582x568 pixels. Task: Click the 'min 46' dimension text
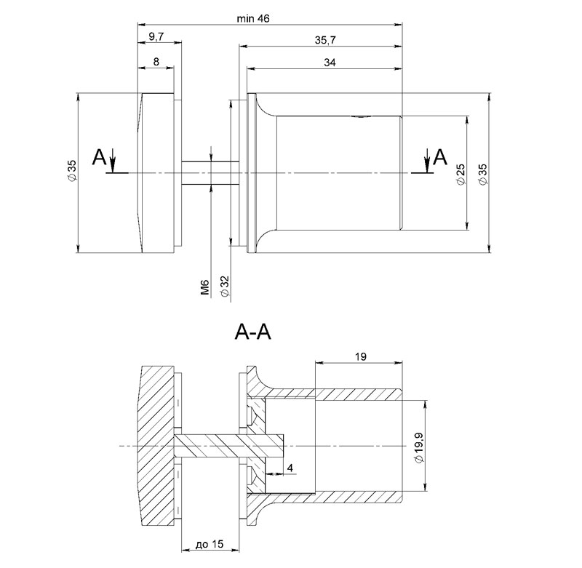point(253,18)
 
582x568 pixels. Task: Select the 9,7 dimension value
point(156,36)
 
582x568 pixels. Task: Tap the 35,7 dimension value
point(324,40)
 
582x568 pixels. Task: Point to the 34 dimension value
point(330,63)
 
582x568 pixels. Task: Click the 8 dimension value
point(156,61)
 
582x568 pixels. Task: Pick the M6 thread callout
point(205,287)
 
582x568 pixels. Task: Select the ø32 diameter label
point(225,286)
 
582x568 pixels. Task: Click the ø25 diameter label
point(461,174)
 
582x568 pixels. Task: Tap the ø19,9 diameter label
point(419,447)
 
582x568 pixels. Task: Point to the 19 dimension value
point(360,356)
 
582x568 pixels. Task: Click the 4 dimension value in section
point(290,468)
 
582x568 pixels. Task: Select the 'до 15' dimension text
point(210,544)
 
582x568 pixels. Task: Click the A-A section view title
point(252,332)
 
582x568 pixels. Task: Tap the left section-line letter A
point(99,157)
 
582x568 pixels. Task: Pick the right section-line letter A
point(441,156)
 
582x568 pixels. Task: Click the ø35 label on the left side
point(72,170)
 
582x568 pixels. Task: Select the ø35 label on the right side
point(482,174)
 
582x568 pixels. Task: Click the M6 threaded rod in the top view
point(210,173)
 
